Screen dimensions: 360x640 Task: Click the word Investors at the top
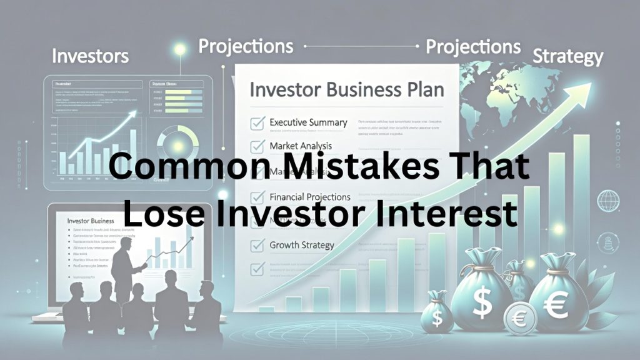pos(90,56)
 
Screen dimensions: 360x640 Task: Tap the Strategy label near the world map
pos(567,57)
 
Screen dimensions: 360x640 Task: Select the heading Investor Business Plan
pos(347,89)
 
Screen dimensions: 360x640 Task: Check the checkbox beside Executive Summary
pos(257,122)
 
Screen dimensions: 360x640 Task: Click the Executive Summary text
pos(308,122)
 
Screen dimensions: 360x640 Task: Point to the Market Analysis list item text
pos(300,146)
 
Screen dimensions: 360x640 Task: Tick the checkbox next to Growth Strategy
pos(257,246)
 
